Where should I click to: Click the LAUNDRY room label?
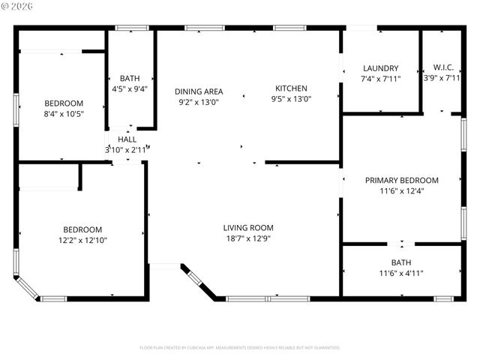tap(380, 68)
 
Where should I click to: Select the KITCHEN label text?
tap(290, 88)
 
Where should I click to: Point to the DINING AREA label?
tap(199, 91)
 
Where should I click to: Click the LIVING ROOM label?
tap(248, 227)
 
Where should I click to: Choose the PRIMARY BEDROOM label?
tap(401, 180)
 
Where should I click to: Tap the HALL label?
tap(127, 139)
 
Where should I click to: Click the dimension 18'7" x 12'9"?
tap(248, 238)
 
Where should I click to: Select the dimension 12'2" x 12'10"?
tap(82, 240)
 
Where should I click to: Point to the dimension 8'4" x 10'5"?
tap(64, 114)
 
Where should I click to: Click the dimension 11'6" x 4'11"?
tap(401, 273)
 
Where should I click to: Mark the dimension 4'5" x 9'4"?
tap(130, 88)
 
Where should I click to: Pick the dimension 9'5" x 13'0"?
tap(290, 98)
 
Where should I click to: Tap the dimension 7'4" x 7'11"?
tap(380, 79)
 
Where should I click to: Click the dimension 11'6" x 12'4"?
tap(401, 191)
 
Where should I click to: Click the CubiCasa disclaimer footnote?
tap(240, 348)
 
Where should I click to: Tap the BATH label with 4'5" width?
tap(130, 78)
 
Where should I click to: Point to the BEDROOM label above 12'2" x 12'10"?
tap(82, 229)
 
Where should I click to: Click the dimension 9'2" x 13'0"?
tap(199, 102)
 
